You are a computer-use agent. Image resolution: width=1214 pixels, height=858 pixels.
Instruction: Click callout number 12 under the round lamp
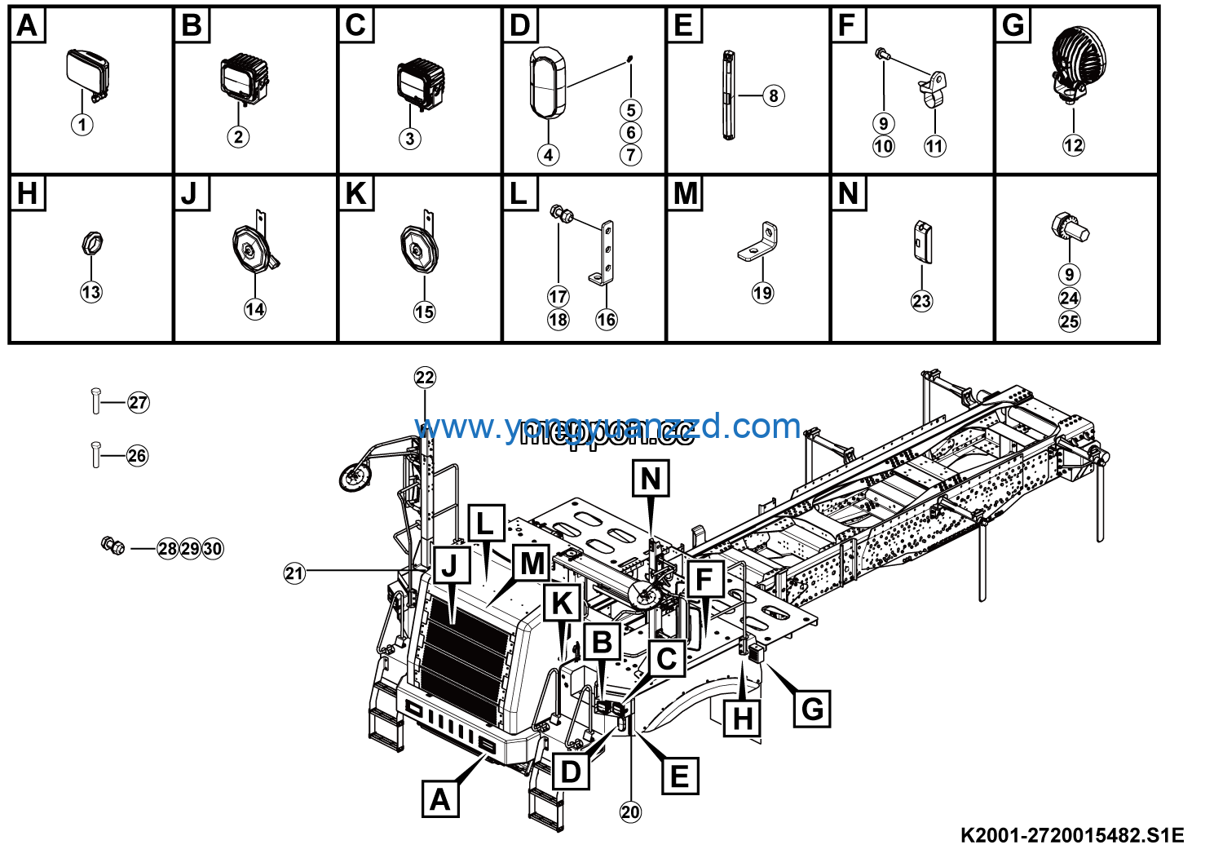click(1073, 145)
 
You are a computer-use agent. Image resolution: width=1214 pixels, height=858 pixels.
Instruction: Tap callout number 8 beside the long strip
click(774, 95)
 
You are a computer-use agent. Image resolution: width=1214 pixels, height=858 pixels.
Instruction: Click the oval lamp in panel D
click(547, 82)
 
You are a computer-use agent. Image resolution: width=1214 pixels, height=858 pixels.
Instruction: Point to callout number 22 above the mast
click(425, 377)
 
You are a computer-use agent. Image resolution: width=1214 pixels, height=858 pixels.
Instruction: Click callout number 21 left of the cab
click(294, 573)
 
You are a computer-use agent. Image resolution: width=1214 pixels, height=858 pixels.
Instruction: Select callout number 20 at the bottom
click(630, 812)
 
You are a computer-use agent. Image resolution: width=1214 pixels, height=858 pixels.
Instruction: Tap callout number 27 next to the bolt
click(139, 402)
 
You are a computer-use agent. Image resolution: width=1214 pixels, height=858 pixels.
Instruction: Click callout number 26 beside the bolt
click(137, 455)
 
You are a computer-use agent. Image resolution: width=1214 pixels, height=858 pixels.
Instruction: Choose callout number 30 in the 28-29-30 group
click(213, 549)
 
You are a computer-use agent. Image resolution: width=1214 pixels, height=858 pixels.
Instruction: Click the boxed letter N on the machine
click(651, 479)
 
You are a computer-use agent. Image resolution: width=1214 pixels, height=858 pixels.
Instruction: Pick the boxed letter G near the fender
click(812, 708)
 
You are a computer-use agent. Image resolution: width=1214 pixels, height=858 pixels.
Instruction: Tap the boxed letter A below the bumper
click(440, 798)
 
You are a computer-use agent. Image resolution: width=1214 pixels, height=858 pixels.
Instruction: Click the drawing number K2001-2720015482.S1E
click(1071, 835)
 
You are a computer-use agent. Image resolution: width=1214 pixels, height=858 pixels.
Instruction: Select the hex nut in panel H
click(92, 243)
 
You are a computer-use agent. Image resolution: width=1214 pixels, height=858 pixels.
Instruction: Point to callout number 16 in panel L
click(606, 320)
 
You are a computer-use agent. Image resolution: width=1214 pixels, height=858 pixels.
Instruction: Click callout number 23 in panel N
click(921, 301)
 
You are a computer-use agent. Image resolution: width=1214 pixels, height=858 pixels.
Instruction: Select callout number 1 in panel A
click(82, 125)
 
